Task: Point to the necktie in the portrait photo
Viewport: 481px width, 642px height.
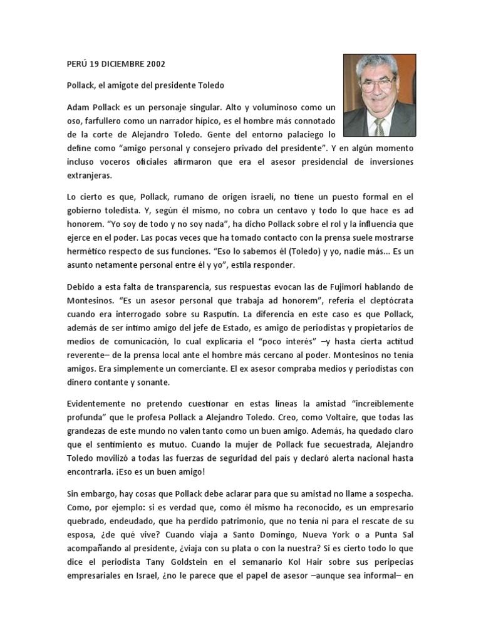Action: click(x=380, y=125)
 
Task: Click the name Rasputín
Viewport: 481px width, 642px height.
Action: click(x=234, y=317)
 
